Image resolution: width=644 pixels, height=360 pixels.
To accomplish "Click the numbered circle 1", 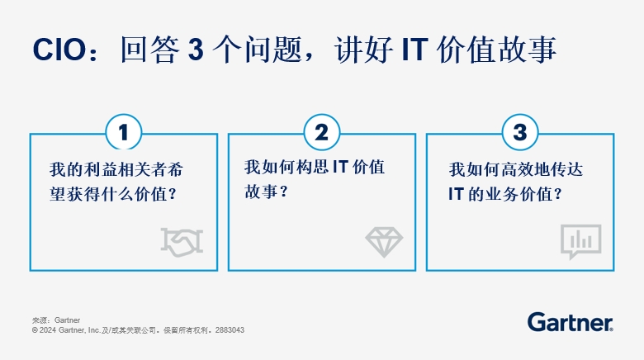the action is click(x=124, y=132).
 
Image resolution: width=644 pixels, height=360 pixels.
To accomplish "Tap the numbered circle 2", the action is click(x=322, y=132).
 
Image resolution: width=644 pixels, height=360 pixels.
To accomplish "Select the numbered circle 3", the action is click(x=520, y=132).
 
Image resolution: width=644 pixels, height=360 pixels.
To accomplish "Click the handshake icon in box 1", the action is click(x=182, y=243).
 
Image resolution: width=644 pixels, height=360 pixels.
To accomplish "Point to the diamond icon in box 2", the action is click(x=384, y=242).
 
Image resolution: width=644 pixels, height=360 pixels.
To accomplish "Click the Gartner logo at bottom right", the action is click(x=570, y=322).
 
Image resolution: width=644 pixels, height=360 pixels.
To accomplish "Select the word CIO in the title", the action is click(x=59, y=50).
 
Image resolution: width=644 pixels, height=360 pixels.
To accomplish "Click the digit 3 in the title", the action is click(x=196, y=50).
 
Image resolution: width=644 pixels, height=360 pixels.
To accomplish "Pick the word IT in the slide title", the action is click(x=414, y=50).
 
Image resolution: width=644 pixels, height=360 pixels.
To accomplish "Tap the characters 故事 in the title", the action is click(x=527, y=50).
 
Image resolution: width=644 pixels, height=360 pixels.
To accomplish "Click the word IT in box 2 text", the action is click(x=340, y=167).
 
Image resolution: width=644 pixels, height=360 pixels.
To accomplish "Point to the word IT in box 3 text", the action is click(x=456, y=194).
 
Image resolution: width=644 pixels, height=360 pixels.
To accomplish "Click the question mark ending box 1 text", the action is click(x=173, y=194).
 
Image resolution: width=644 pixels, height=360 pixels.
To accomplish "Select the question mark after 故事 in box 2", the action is click(x=283, y=192).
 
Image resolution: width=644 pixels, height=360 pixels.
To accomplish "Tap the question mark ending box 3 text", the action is click(x=558, y=194).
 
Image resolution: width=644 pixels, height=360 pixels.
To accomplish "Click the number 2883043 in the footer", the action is click(x=230, y=330).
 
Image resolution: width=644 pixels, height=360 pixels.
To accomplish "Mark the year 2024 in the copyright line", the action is click(x=48, y=330).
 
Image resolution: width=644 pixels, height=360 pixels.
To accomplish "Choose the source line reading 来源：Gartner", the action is click(x=56, y=320).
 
